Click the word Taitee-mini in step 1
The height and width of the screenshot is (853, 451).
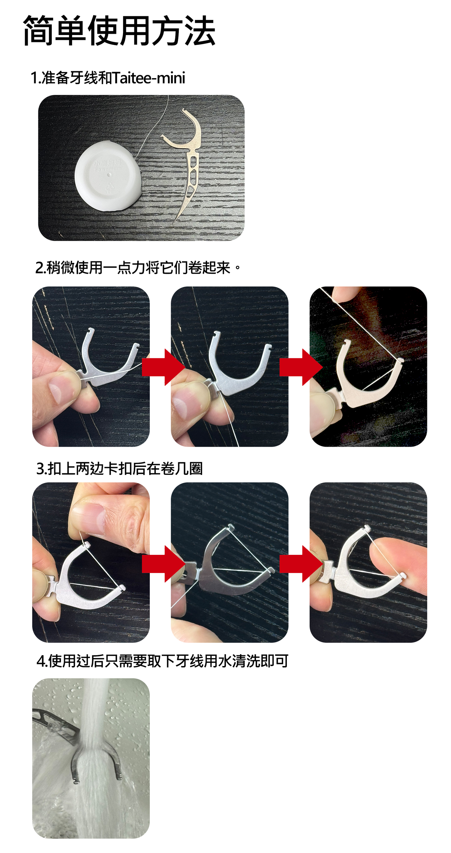coord(149,78)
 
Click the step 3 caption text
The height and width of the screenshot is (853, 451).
coord(119,469)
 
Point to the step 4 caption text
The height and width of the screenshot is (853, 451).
coord(162,661)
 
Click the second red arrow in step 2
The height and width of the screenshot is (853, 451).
coord(301,367)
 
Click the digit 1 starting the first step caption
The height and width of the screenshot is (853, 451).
coord(34,78)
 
